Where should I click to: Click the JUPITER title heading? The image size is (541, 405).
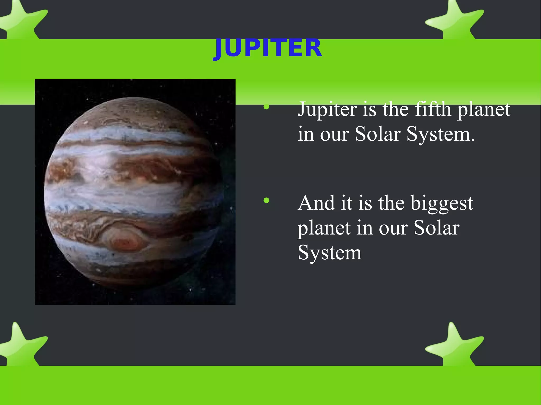267,48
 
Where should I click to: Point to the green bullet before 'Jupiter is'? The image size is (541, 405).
267,107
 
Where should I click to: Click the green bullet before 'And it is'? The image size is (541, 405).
267,201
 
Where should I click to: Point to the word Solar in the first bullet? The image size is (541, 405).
377,134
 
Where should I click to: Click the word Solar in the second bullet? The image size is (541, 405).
436,227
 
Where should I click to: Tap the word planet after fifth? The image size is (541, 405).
484,109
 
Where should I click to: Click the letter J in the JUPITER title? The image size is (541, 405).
219,49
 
